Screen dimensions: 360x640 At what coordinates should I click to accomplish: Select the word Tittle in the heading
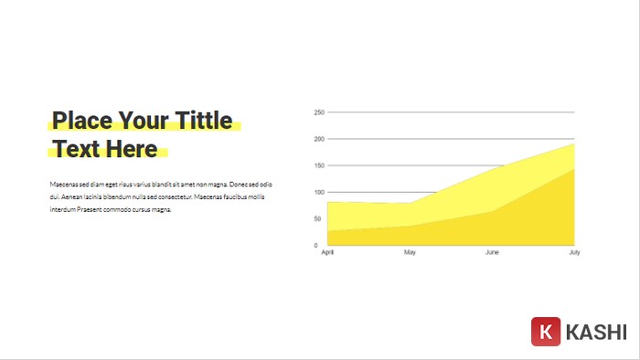(201, 122)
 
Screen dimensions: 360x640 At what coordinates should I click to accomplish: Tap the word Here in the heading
(131, 149)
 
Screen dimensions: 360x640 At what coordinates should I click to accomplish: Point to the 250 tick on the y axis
(319, 112)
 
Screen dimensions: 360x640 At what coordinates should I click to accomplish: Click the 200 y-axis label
(319, 139)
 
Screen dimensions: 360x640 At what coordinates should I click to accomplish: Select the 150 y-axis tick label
(319, 165)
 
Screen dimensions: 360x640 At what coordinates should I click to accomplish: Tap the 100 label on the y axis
(319, 192)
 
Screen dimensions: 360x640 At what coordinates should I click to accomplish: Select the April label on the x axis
(328, 252)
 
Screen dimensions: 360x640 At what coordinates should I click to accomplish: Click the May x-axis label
(410, 252)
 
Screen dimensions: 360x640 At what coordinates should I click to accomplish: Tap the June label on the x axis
(492, 252)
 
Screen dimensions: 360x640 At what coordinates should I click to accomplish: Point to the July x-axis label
(574, 252)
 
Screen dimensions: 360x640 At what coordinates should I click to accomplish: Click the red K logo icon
(546, 332)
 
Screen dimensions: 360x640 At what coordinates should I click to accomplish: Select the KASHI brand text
(596, 333)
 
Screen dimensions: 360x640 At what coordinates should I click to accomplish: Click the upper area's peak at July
(574, 144)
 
